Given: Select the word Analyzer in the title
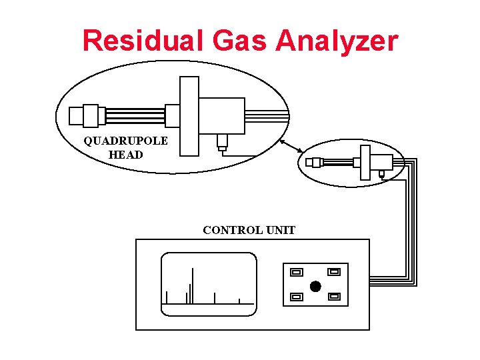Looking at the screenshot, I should point(337,42).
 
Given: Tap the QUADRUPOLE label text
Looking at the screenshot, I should point(125,141).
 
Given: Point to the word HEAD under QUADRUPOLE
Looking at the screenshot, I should point(125,155).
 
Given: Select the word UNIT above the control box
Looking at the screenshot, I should point(280,231).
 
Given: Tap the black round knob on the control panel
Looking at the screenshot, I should point(315,287).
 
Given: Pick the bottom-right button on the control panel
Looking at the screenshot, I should point(335,295).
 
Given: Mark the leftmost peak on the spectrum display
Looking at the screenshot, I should point(167,297).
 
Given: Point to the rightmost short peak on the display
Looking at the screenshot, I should point(239,301).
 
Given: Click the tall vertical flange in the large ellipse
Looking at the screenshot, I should point(189,116).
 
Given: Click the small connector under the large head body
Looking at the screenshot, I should point(222,141).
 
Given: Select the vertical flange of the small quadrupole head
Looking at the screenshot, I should point(365,162).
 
